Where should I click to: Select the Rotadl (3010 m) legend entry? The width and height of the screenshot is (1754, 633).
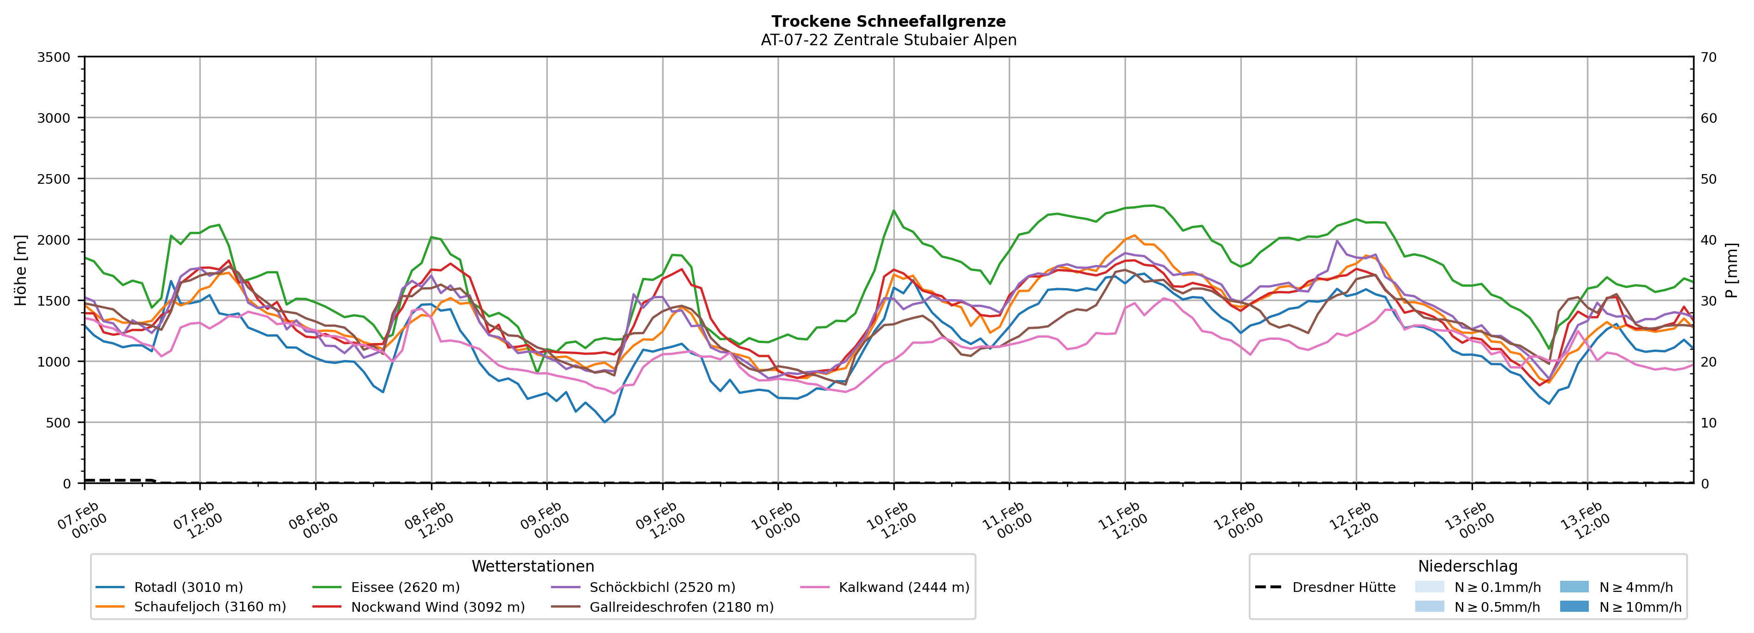click(x=188, y=587)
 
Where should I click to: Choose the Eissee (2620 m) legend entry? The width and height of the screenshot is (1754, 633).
click(x=405, y=587)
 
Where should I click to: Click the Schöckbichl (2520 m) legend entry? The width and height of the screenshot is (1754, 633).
click(x=662, y=587)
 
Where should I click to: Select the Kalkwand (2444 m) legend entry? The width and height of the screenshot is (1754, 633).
click(x=904, y=587)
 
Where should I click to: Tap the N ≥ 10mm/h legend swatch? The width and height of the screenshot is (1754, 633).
click(x=1574, y=606)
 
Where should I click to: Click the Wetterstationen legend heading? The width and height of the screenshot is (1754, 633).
click(x=533, y=566)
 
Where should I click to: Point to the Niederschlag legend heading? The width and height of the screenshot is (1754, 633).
click(x=1467, y=566)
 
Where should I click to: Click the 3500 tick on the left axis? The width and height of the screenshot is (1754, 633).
click(x=54, y=57)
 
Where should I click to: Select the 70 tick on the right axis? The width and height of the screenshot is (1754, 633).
click(x=1708, y=57)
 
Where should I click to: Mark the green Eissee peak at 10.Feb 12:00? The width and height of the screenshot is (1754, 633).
click(x=893, y=211)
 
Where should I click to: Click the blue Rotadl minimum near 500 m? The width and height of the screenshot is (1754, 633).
click(x=604, y=422)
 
